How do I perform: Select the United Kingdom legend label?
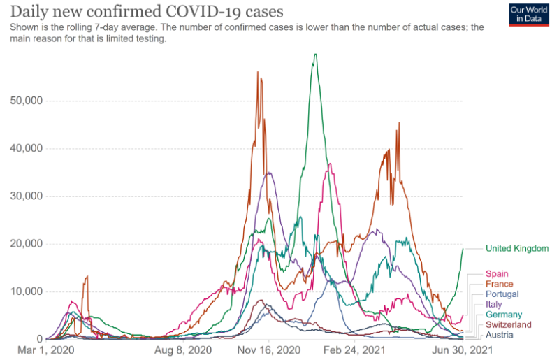517,248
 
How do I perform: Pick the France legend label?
499,285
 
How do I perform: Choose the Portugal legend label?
502,294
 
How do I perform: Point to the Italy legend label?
493,305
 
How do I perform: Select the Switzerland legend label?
508,325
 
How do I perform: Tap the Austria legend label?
499,335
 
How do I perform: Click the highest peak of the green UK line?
316,55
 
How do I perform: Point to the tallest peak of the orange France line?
258,72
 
